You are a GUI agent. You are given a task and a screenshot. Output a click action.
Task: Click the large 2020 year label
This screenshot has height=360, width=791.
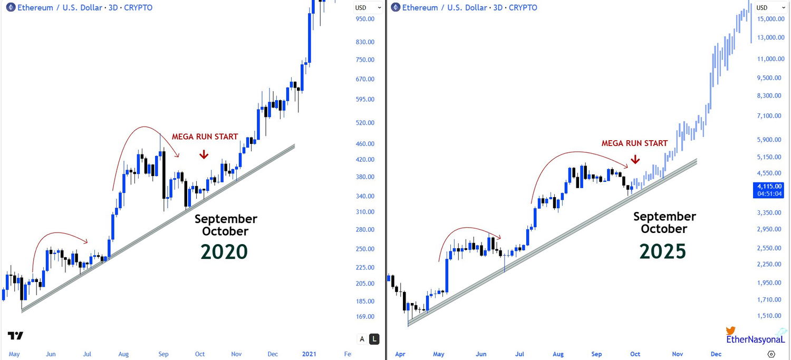224,252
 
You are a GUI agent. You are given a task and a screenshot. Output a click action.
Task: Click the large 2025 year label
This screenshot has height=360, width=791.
663,251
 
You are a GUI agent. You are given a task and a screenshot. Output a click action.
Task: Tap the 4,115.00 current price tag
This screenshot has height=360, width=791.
770,186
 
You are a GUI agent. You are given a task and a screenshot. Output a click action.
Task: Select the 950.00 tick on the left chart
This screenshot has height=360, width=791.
365,19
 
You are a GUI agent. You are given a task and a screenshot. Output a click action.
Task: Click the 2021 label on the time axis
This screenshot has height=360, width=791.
310,354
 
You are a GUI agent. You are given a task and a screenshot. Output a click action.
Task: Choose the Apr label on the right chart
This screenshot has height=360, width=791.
400,354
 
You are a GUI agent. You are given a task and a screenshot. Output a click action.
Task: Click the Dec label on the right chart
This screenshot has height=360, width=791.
716,354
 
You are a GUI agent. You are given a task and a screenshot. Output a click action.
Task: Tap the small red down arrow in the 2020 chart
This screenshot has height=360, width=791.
204,154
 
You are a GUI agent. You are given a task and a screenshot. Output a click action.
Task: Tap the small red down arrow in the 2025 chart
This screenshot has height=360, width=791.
635,159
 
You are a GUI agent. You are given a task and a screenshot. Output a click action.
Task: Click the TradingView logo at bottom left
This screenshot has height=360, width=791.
15,336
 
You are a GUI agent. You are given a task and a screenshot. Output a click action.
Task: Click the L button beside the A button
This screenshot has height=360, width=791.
374,339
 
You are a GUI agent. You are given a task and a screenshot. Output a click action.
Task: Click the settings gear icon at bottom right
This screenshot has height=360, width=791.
771,354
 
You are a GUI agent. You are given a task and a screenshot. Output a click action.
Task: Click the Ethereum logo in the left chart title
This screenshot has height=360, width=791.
11,7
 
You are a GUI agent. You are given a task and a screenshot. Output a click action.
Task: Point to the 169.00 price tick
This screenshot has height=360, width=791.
365,317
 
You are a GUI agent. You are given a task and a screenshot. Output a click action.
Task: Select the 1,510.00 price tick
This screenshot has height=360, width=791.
770,316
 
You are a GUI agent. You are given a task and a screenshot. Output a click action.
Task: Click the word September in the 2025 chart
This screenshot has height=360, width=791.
664,217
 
